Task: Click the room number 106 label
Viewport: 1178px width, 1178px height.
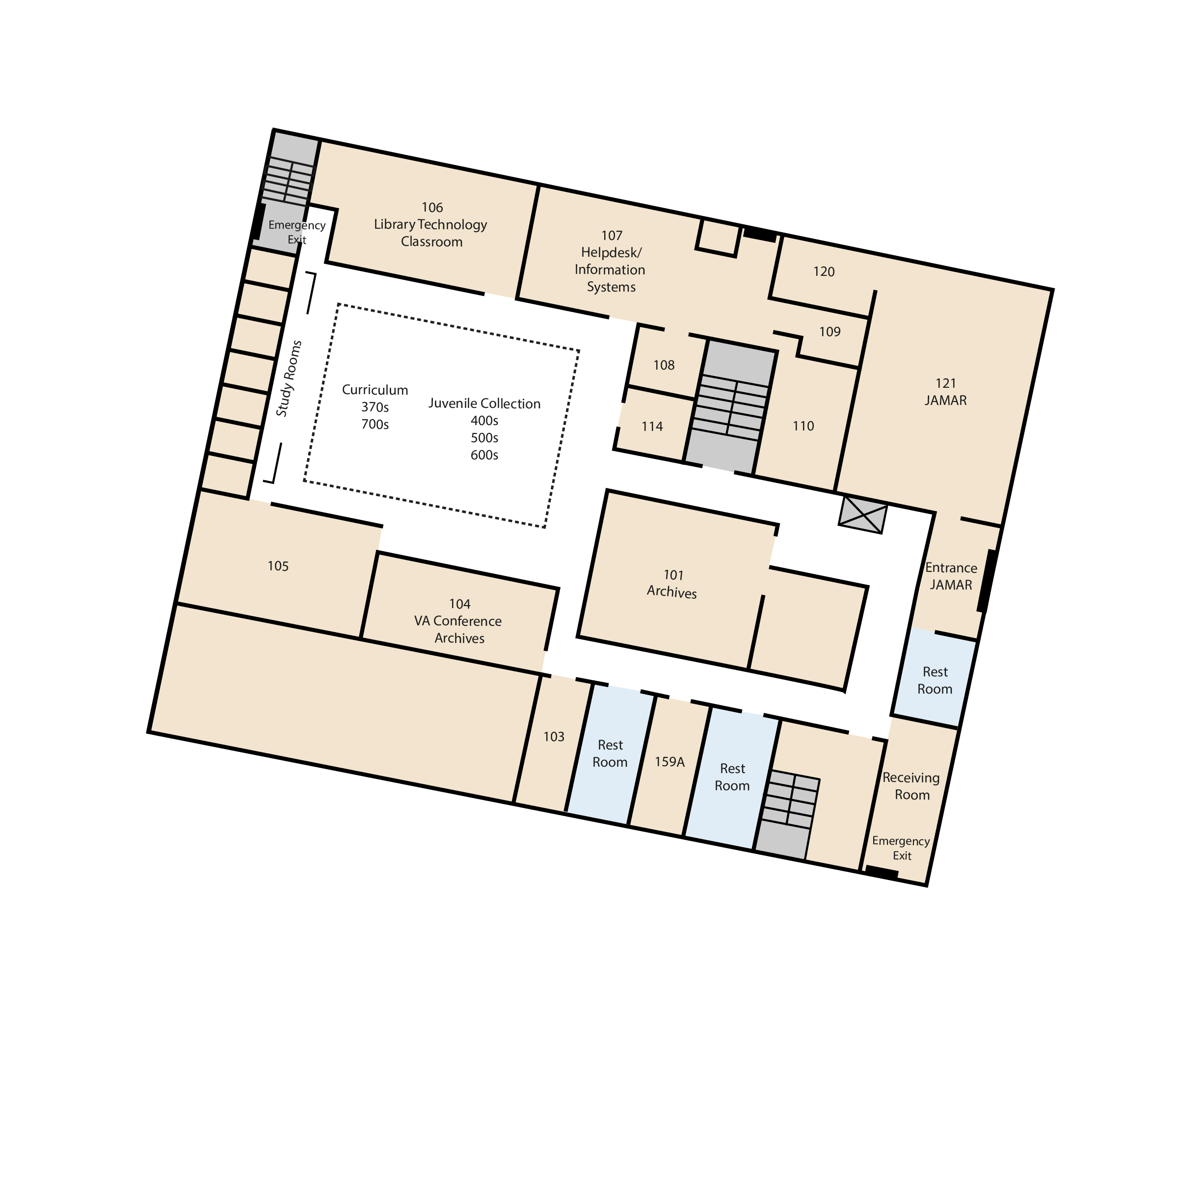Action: pos(432,207)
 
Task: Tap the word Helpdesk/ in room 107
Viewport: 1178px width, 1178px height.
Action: pos(611,252)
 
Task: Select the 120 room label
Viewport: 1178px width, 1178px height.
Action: pos(824,272)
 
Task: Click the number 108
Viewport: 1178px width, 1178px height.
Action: pos(664,365)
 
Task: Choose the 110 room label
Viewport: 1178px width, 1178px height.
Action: pos(803,426)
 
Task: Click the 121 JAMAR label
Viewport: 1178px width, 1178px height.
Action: pos(946,392)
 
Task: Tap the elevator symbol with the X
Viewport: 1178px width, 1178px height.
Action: pos(863,514)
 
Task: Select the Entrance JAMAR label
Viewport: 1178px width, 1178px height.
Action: pos(951,576)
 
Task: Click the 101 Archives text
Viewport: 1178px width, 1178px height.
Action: pos(672,584)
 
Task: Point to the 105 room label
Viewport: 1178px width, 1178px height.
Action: pos(278,566)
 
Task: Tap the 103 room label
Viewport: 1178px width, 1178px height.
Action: pos(554,737)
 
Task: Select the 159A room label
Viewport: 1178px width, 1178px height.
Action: pos(669,762)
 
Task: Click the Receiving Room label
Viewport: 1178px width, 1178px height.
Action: pos(911,786)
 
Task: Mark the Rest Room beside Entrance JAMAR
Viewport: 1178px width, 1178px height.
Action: pos(935,680)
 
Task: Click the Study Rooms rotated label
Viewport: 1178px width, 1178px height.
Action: pos(289,378)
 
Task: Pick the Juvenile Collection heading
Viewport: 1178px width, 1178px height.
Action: pos(484,403)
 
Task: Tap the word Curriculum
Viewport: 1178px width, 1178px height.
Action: pos(375,390)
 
